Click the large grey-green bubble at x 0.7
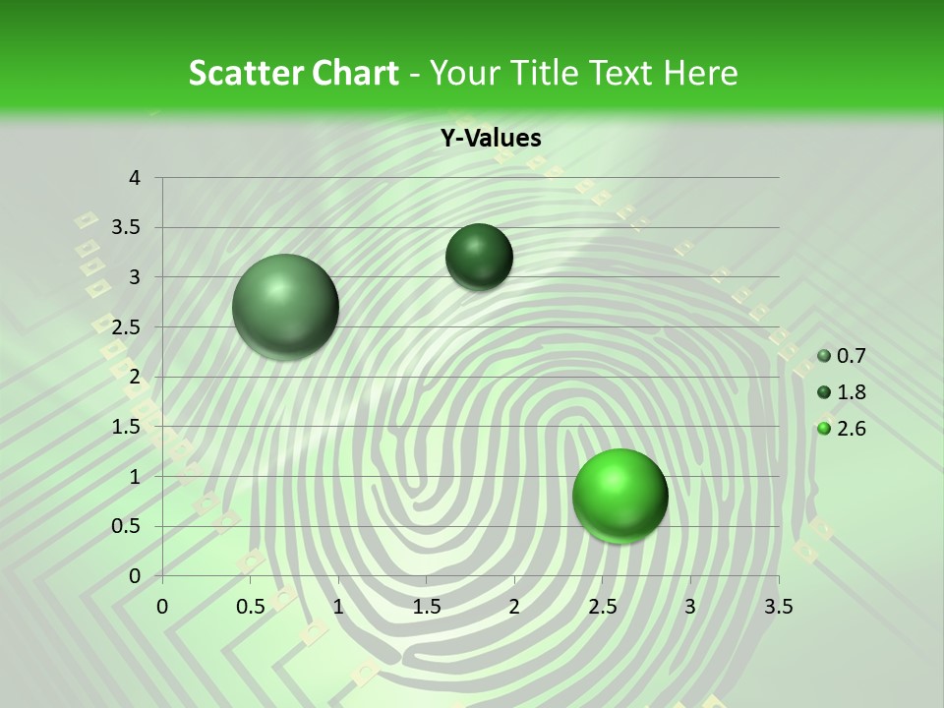click(x=286, y=307)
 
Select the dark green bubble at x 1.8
click(x=479, y=257)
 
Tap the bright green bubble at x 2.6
click(x=619, y=496)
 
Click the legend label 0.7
click(x=851, y=356)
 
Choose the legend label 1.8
click(x=851, y=392)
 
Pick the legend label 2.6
click(x=851, y=429)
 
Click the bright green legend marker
click(x=824, y=429)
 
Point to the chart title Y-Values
click(x=491, y=139)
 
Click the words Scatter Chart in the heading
click(x=293, y=73)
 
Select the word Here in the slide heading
click(x=701, y=73)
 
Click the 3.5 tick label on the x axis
click(x=778, y=607)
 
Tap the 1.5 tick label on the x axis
click(x=426, y=607)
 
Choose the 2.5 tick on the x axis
click(x=602, y=607)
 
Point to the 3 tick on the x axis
click(x=690, y=607)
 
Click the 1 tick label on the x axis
click(x=338, y=607)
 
